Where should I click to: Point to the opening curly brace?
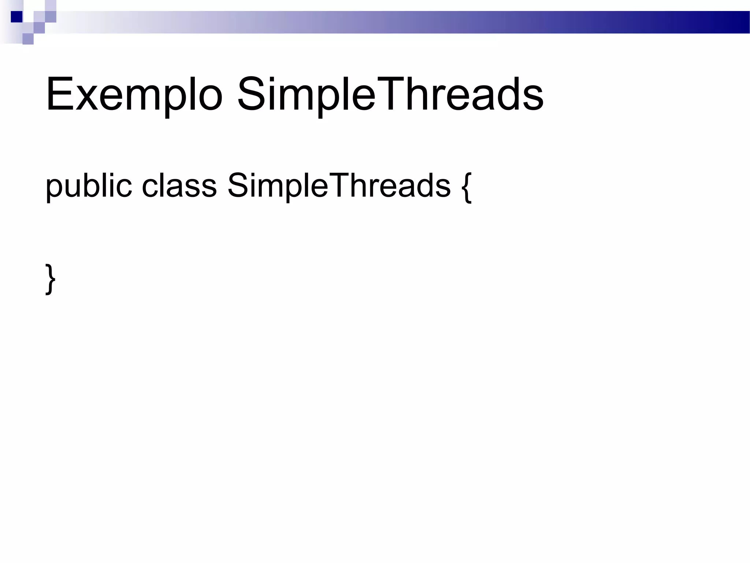point(467,187)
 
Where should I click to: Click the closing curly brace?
point(51,279)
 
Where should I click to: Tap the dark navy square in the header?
point(16,17)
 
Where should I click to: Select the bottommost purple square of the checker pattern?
point(28,39)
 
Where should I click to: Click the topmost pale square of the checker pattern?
point(51,5)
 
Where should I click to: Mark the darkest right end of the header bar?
point(740,22)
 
